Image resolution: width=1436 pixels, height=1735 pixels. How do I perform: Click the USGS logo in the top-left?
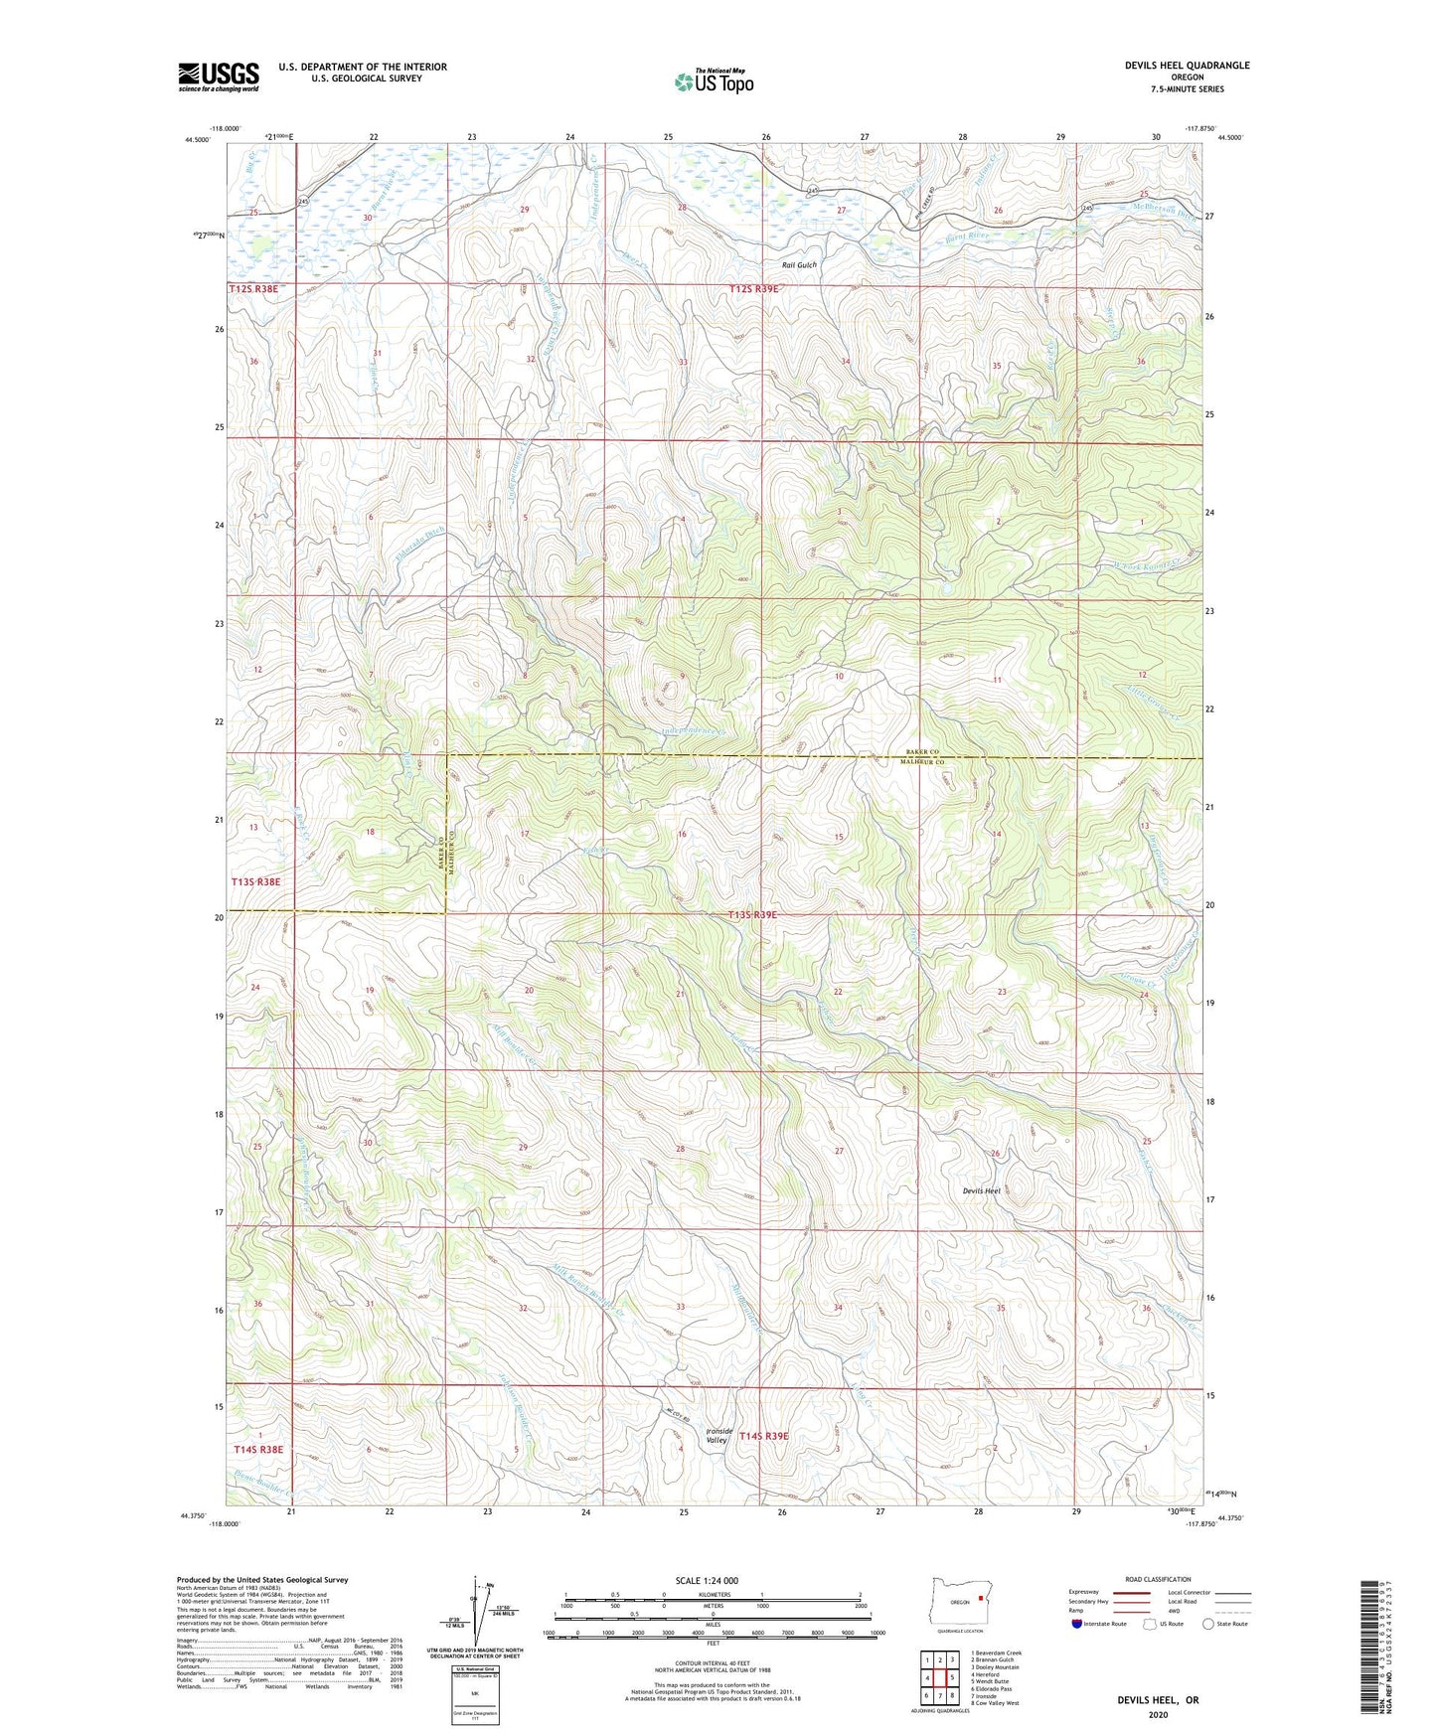pyautogui.click(x=219, y=77)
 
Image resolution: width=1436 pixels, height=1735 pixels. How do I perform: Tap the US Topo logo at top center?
pyautogui.click(x=713, y=81)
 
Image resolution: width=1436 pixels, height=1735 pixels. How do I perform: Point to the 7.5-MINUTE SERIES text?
pyautogui.click(x=1188, y=89)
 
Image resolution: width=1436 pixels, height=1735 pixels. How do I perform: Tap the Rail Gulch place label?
pyautogui.click(x=798, y=265)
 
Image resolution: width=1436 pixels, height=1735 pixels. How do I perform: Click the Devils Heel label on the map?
pyautogui.click(x=981, y=1190)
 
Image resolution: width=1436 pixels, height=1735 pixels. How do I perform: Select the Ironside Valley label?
pyautogui.click(x=718, y=1436)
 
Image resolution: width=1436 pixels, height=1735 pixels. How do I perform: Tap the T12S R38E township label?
pyautogui.click(x=252, y=288)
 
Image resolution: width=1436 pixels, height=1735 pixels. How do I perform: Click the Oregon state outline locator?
pyautogui.click(x=958, y=1601)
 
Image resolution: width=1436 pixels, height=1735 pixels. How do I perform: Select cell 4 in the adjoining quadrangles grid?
pyautogui.click(x=926, y=1677)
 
